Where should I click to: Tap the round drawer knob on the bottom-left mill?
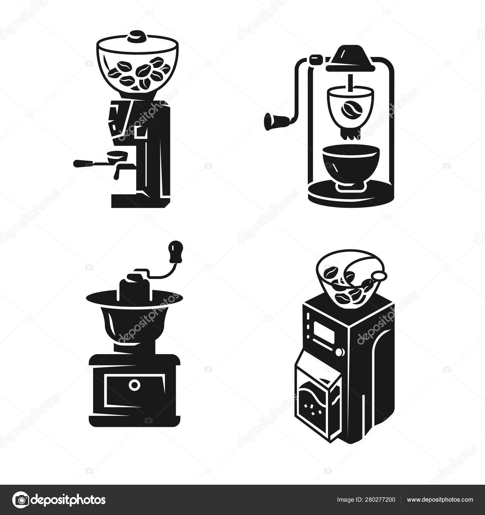[x=134, y=385]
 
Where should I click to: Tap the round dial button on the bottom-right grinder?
[x=339, y=352]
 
